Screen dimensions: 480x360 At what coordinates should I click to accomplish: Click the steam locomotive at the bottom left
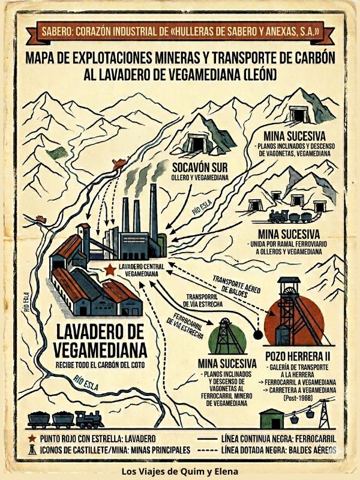tap(89, 418)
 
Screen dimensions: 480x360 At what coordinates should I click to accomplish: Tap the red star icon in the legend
tap(30, 439)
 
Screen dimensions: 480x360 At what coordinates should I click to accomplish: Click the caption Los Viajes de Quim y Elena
tap(180, 471)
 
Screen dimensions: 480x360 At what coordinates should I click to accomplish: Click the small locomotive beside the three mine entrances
tap(281, 215)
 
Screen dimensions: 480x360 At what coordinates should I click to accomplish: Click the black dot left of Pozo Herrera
tap(258, 334)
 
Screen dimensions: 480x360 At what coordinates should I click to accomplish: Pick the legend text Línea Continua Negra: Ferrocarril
tap(278, 439)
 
